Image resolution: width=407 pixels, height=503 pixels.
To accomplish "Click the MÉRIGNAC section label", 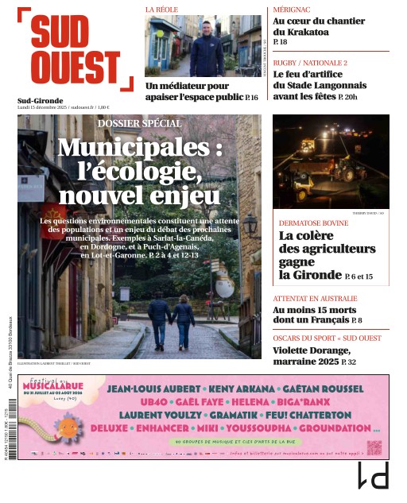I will (291, 9).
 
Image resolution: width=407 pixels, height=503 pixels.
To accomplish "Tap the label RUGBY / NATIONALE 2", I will (310, 62).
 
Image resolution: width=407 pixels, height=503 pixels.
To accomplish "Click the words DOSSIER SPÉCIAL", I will (139, 123).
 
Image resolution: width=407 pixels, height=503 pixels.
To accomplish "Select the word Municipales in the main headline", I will (138, 148).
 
